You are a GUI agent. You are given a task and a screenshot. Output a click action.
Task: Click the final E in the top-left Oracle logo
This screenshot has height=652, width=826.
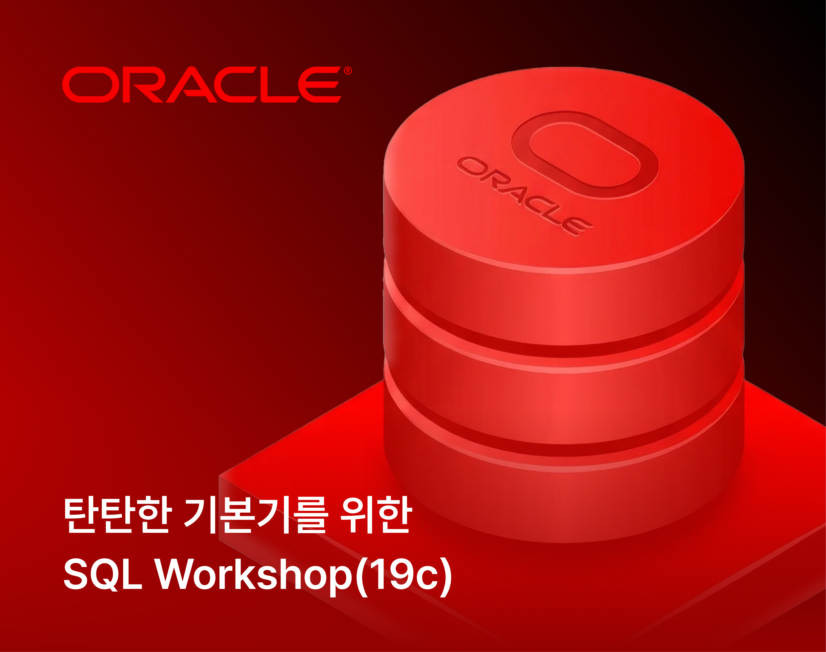[319, 85]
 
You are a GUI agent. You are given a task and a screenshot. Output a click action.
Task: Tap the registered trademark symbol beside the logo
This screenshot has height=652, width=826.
[348, 71]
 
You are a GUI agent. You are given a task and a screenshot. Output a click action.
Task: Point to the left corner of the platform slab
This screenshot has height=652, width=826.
[219, 476]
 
